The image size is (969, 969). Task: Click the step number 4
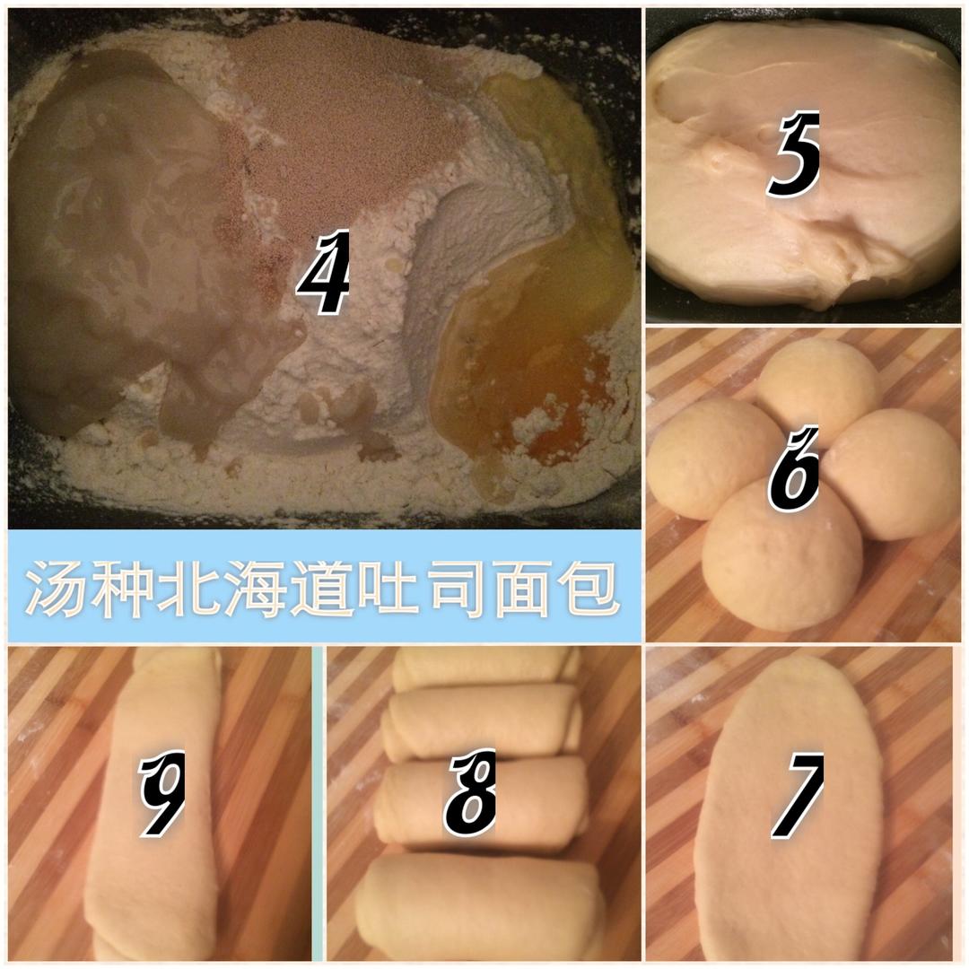pyautogui.click(x=324, y=272)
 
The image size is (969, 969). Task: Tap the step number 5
pyautogui.click(x=794, y=154)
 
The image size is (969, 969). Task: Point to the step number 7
pyautogui.click(x=798, y=795)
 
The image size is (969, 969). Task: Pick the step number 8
pyautogui.click(x=470, y=793)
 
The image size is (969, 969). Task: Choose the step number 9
pyautogui.click(x=161, y=793)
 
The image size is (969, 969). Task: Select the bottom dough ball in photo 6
pyautogui.click(x=781, y=556)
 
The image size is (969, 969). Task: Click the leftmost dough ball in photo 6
pyautogui.click(x=711, y=458)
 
